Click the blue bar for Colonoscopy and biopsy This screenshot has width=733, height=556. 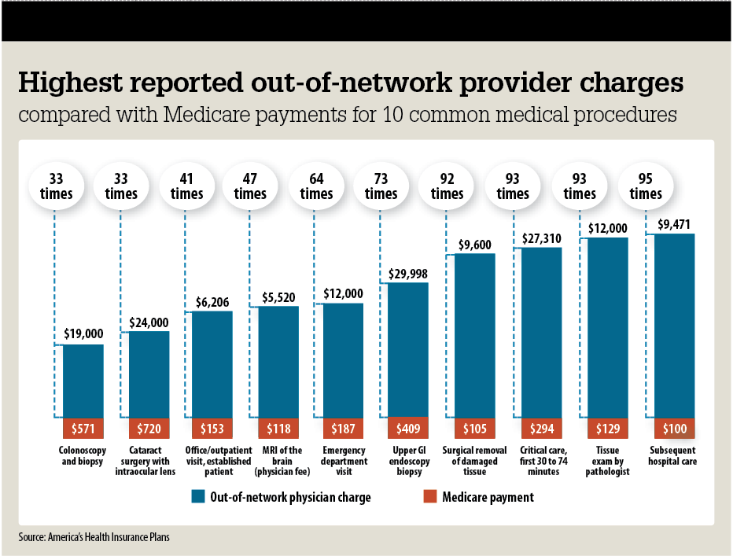(83, 381)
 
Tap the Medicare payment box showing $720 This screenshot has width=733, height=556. (149, 429)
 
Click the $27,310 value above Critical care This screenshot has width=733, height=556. (541, 237)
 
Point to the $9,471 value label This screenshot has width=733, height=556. (673, 223)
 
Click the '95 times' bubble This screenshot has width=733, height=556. (646, 186)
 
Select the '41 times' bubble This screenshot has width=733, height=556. (186, 186)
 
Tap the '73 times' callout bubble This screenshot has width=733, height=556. (381, 186)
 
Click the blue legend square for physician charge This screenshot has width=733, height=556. (197, 496)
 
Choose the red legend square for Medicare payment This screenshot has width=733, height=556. (429, 496)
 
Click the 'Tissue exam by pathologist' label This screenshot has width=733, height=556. (607, 461)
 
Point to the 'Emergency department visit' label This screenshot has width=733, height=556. (344, 461)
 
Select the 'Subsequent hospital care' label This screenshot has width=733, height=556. (674, 456)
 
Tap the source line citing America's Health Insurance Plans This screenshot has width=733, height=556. (94, 538)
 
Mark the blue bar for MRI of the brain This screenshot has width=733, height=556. (278, 362)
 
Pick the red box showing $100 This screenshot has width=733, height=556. (674, 429)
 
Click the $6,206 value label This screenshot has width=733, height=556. (212, 301)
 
